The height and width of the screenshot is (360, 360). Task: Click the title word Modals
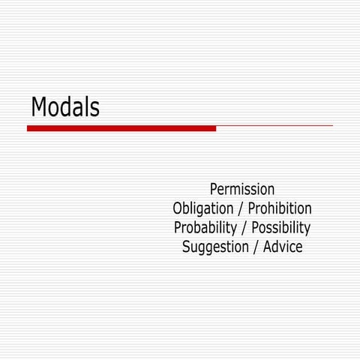click(x=65, y=107)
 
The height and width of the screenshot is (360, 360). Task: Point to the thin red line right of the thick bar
click(x=274, y=126)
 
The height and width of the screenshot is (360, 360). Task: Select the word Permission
click(x=242, y=189)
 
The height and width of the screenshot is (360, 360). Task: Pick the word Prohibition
click(x=280, y=208)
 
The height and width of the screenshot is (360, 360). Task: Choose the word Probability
click(x=205, y=228)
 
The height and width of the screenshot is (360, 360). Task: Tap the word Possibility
click(x=280, y=228)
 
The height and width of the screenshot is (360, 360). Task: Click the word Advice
click(x=282, y=247)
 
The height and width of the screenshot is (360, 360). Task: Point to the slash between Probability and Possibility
click(x=244, y=228)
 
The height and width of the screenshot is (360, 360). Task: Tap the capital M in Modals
click(x=39, y=107)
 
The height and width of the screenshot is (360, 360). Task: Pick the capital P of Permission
click(x=214, y=189)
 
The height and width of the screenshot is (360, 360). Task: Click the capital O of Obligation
click(x=178, y=208)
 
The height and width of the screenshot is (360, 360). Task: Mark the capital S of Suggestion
click(x=187, y=247)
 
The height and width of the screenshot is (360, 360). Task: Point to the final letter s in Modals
click(x=94, y=109)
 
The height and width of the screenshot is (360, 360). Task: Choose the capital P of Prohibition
click(x=253, y=208)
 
